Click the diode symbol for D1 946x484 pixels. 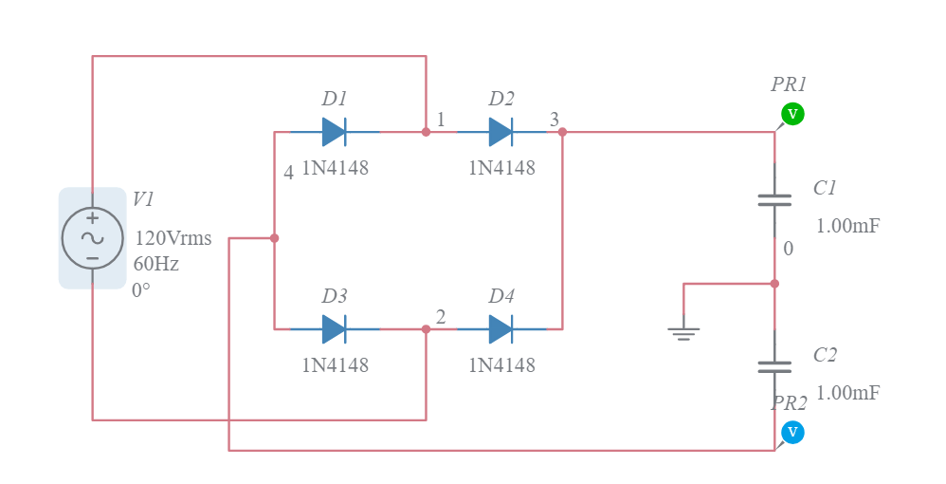pos(334,132)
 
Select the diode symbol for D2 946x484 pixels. pos(501,132)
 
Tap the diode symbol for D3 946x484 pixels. pos(334,329)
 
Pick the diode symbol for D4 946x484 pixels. pos(501,329)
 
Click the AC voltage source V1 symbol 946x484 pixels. pos(92,238)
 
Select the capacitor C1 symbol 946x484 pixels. pos(774,199)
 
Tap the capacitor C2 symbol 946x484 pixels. pos(774,366)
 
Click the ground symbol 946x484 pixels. pos(683,332)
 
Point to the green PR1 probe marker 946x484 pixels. pos(792,114)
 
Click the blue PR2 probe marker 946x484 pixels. pos(792,433)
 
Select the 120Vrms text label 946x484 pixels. pos(173,238)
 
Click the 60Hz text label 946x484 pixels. pos(156,264)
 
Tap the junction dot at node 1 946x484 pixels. pos(426,132)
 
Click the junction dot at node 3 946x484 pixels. pos(562,132)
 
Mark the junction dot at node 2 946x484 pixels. pos(426,329)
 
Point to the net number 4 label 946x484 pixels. pos(288,173)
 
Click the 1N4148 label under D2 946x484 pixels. pos(501,168)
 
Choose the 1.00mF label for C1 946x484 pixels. pos(847,226)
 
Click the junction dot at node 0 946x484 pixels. pos(774,284)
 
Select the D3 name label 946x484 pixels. pos(335,296)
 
